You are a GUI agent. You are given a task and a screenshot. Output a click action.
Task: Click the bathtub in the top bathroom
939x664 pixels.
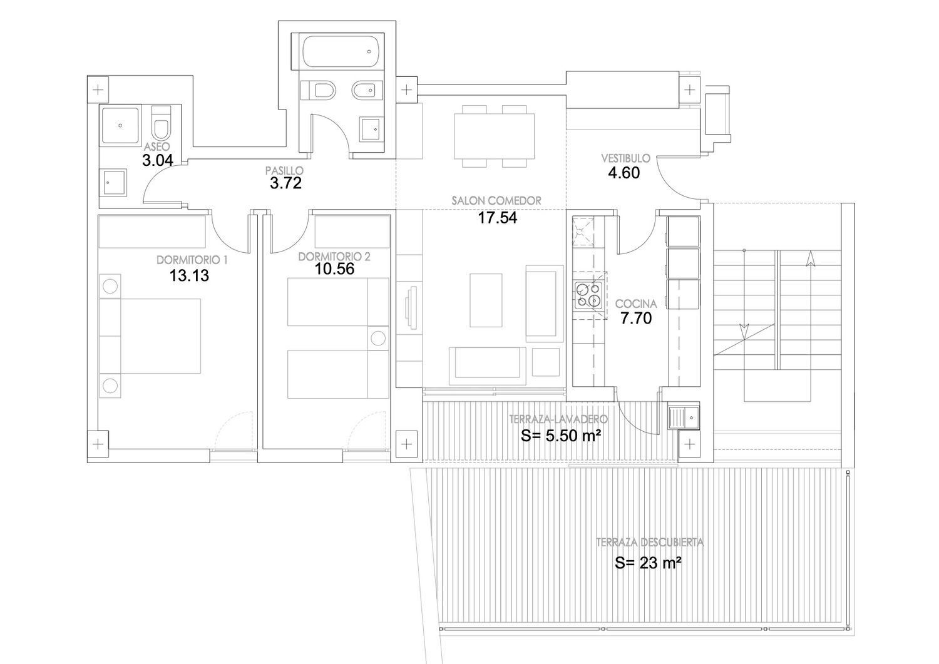tap(342, 51)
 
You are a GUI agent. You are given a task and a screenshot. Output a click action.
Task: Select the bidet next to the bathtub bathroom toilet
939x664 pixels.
tap(367, 90)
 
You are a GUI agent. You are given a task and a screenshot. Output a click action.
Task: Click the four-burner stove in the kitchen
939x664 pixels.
tap(588, 295)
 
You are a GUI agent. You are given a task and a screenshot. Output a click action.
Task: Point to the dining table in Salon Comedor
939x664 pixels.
tap(495, 135)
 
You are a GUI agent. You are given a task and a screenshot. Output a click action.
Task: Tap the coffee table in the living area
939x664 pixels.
tap(486, 300)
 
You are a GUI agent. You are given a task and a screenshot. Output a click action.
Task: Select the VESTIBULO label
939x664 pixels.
tap(625, 158)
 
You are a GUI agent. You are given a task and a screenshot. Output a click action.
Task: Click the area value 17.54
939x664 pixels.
tap(498, 218)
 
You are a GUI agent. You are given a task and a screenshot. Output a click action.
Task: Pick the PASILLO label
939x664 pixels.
tap(284, 171)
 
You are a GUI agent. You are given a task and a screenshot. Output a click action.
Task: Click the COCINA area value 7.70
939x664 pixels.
tap(636, 319)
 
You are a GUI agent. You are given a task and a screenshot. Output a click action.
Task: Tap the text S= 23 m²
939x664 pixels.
tap(648, 562)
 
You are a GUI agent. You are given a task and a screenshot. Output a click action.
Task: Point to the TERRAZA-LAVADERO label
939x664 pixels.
tap(558, 419)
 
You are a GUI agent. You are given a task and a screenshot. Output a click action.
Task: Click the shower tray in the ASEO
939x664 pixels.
tap(120, 126)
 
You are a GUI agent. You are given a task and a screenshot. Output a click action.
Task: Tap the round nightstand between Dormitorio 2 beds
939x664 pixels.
tap(377, 338)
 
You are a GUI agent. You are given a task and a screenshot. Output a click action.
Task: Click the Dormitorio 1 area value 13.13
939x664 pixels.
tap(189, 275)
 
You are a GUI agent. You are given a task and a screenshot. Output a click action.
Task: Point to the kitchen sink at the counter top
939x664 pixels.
tap(583, 232)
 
